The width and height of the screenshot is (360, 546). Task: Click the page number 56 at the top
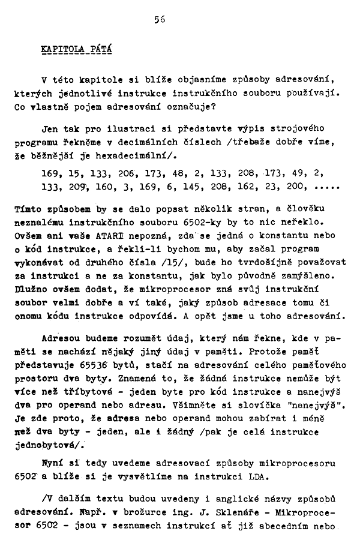[x=159, y=19]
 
